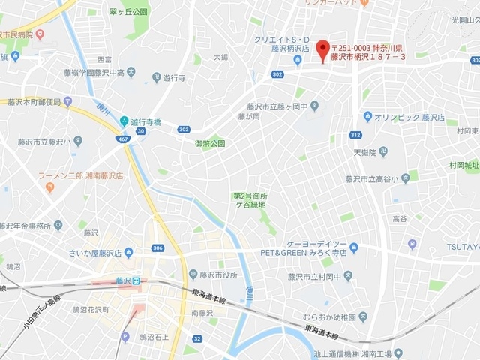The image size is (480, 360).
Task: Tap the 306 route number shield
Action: tap(156, 248)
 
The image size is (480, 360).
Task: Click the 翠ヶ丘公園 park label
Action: tap(128, 12)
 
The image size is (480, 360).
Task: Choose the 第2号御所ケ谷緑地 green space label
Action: tap(251, 201)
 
